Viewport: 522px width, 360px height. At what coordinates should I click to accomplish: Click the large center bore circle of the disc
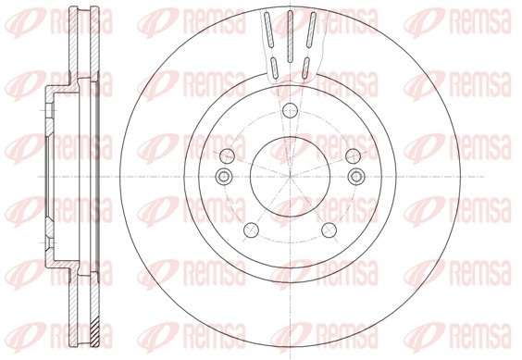click(x=251, y=176)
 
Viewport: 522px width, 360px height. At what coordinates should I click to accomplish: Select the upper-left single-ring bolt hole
click(x=228, y=156)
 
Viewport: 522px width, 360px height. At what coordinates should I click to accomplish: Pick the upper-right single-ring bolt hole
click(x=353, y=156)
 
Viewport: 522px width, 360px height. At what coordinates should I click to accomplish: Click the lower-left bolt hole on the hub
click(x=252, y=230)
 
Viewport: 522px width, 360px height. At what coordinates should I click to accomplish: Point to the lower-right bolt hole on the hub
click(x=329, y=230)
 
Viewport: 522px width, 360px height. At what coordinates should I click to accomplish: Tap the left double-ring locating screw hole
click(x=224, y=176)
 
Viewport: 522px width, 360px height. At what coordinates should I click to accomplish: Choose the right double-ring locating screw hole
click(x=356, y=176)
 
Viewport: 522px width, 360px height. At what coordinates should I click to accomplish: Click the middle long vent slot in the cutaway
click(x=290, y=36)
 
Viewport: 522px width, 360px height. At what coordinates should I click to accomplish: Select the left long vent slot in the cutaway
click(x=269, y=30)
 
